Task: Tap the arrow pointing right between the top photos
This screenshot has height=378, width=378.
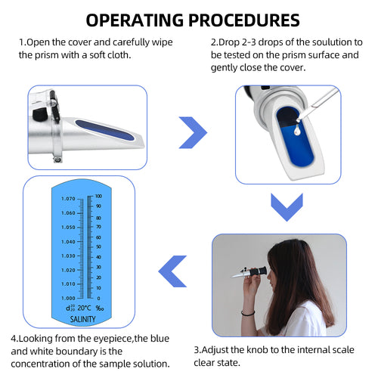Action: point(192,133)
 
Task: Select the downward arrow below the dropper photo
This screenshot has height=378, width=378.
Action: point(287,206)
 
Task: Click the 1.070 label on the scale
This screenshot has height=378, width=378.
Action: point(68,199)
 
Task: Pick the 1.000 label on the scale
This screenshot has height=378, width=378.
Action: point(68,298)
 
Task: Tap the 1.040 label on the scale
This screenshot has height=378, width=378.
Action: point(68,241)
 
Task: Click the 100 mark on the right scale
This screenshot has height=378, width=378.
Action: point(98,197)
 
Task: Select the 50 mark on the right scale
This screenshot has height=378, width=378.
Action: point(98,247)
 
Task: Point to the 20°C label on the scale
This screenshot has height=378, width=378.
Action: point(83,308)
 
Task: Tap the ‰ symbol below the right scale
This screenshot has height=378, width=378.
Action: point(99,308)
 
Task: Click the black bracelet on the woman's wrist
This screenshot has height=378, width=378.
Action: point(247,312)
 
